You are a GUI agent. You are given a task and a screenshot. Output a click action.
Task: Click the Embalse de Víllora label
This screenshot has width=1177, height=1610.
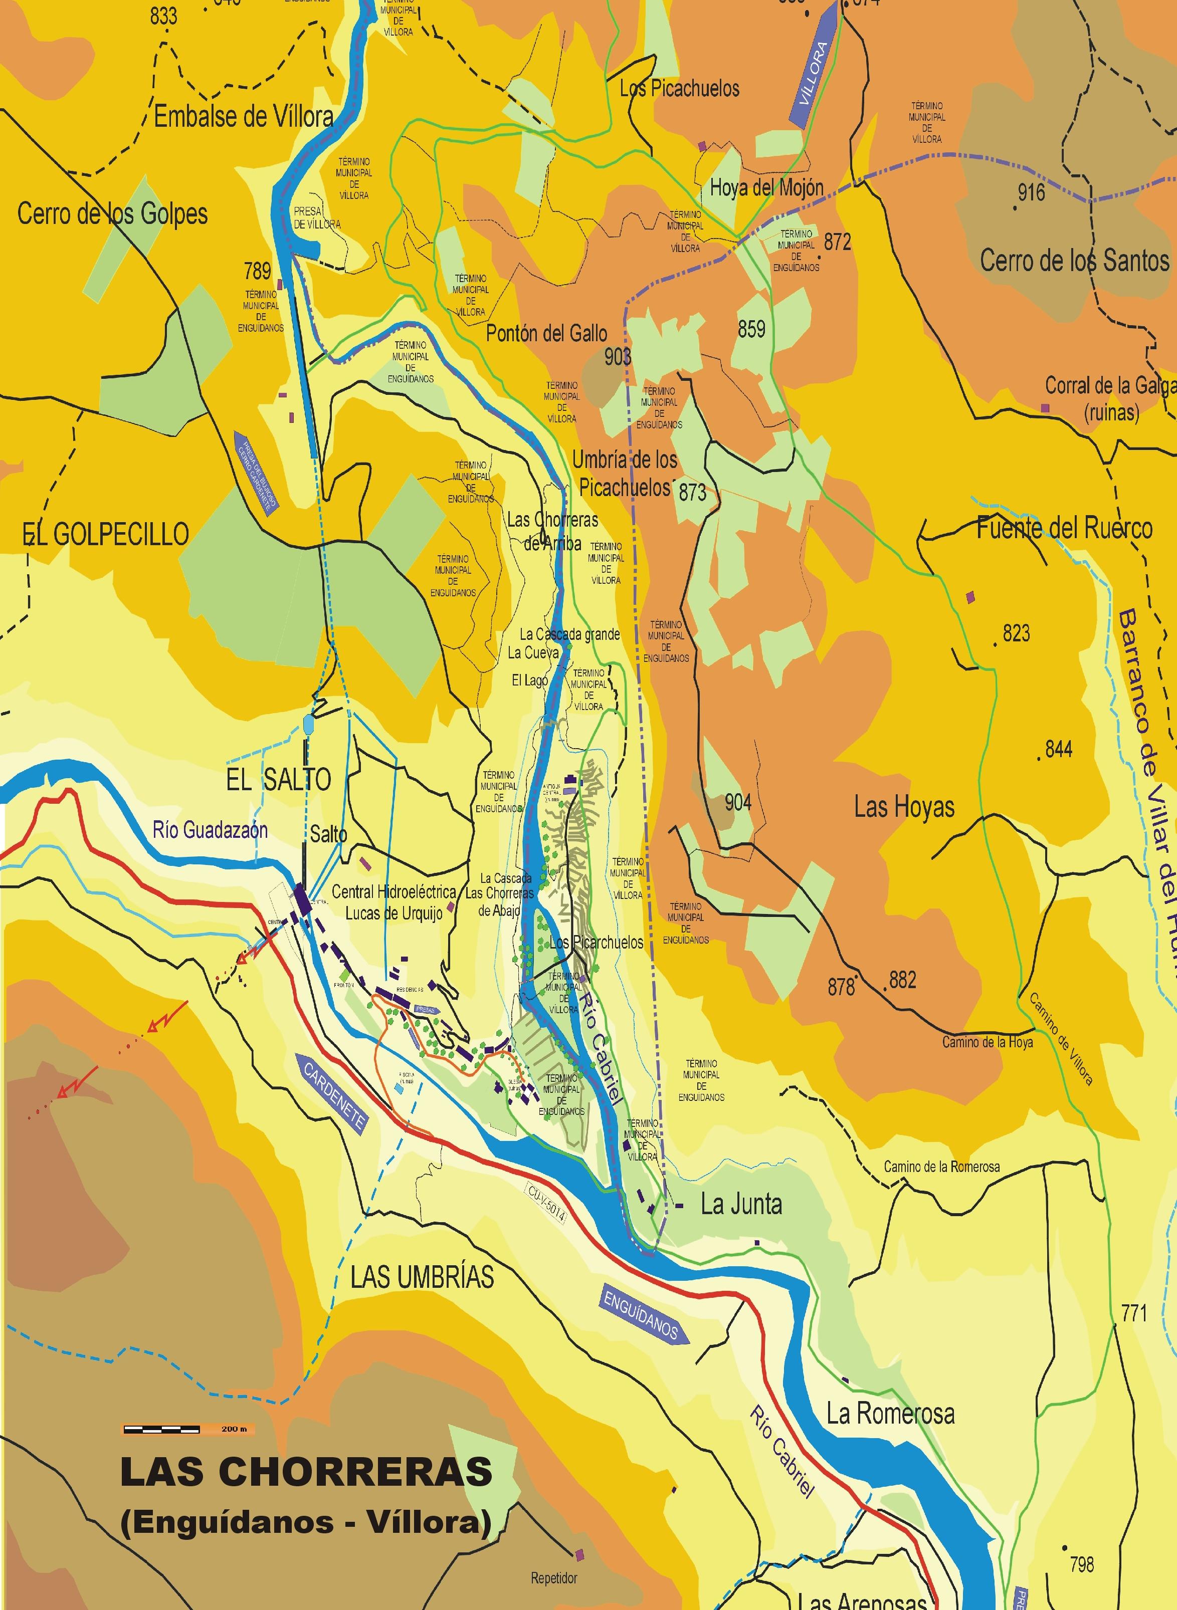pos(244,117)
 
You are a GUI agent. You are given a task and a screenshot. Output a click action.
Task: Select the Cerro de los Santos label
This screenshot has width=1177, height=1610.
pos(1074,261)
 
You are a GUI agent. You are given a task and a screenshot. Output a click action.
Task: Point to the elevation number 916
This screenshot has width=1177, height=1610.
pos(1031,192)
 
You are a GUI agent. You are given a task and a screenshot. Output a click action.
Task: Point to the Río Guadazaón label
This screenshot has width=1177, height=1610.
pos(210,830)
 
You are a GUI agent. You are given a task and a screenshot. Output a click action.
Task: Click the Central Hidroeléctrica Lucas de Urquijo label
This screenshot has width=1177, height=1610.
pos(394,902)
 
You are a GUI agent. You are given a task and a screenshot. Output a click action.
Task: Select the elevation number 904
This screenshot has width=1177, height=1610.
pos(737,803)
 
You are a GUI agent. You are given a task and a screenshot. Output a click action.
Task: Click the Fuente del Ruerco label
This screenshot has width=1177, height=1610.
pos(1064,528)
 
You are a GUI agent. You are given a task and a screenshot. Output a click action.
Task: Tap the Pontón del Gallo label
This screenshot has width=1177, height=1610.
pos(546,333)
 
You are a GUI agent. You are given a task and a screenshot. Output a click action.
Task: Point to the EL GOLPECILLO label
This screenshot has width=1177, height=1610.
pos(105,533)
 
